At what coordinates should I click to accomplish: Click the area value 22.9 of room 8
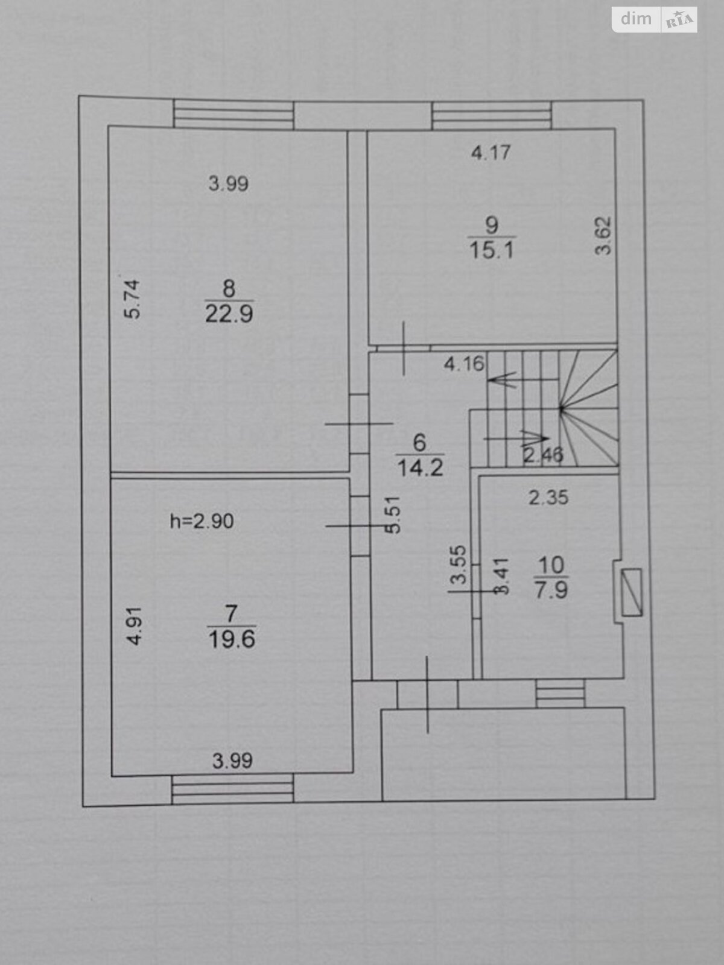coord(229,314)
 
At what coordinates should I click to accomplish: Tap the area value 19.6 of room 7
coord(232,640)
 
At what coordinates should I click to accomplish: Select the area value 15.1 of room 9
coord(492,251)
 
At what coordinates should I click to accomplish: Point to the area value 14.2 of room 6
coord(421,468)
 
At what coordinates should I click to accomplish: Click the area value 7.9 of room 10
coord(551,590)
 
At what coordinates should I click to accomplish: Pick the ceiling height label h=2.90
coord(202,522)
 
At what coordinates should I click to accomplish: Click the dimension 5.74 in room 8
coord(132,299)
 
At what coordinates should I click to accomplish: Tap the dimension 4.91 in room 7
coord(135,626)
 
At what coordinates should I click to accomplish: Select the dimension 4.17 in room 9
coord(491,153)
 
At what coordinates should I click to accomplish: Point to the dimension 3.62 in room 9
coord(603,235)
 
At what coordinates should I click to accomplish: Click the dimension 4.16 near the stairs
coord(464,364)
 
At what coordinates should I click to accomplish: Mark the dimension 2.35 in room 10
coord(548,498)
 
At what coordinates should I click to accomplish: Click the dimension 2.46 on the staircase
coord(543,455)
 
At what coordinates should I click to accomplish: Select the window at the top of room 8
coord(233,115)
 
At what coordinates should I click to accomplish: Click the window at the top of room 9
coord(492,115)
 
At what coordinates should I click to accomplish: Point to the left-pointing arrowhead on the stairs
coord(501,379)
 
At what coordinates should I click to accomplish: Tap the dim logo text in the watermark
coord(636,19)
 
